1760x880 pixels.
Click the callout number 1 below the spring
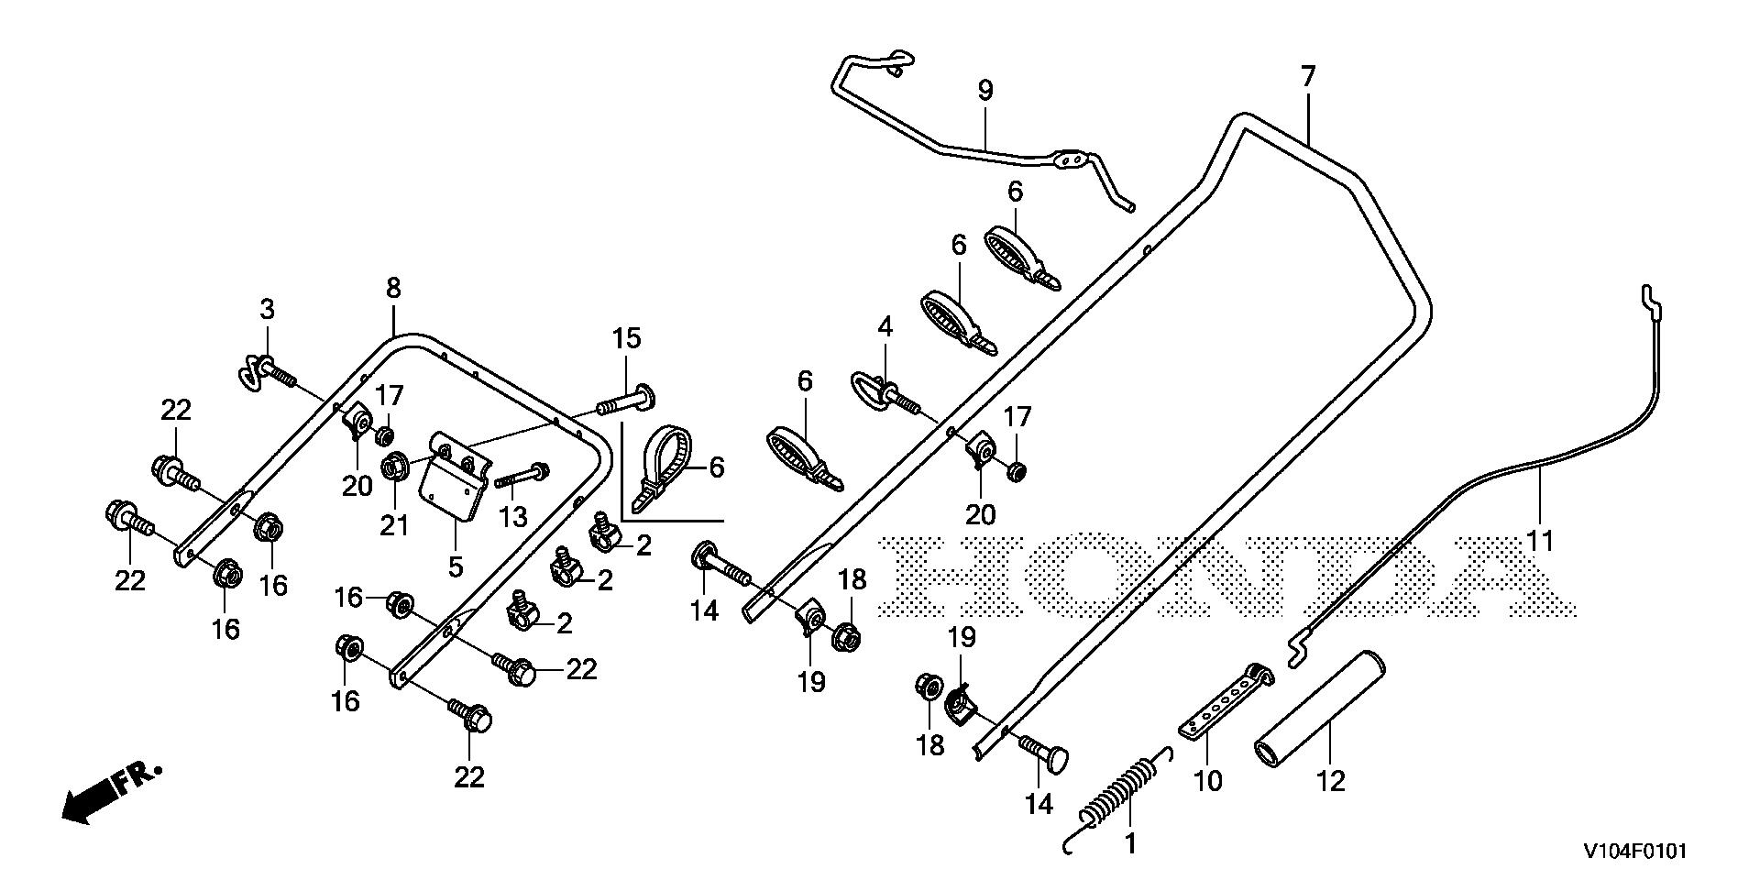coord(1130,843)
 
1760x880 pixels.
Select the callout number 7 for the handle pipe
coord(1307,76)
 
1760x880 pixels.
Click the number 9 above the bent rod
coord(985,91)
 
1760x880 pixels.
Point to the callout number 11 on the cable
coord(1541,542)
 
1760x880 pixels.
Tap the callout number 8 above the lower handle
coord(393,289)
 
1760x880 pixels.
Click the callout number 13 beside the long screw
coord(512,517)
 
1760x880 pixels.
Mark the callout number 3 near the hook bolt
coord(267,309)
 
